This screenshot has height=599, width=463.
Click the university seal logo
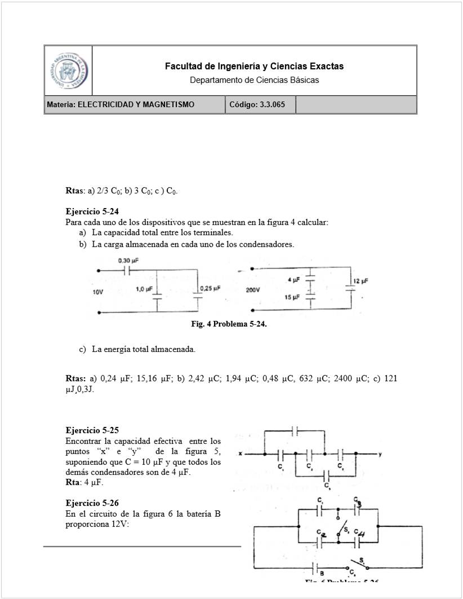[68, 71]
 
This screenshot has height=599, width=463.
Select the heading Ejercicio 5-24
[92, 212]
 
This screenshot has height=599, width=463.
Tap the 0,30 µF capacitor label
[128, 261]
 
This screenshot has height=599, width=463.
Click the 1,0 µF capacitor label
[144, 289]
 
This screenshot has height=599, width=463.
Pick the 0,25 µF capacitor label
[210, 289]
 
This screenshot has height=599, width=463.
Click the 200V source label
[252, 290]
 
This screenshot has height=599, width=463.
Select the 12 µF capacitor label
[361, 281]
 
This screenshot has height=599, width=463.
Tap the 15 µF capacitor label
[292, 297]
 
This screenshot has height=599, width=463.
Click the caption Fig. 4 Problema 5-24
[229, 324]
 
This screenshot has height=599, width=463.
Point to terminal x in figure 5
[240, 453]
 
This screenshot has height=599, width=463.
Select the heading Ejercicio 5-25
[92, 430]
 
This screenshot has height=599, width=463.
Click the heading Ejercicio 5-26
[92, 503]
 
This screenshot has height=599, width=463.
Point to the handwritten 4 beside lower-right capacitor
[362, 534]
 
